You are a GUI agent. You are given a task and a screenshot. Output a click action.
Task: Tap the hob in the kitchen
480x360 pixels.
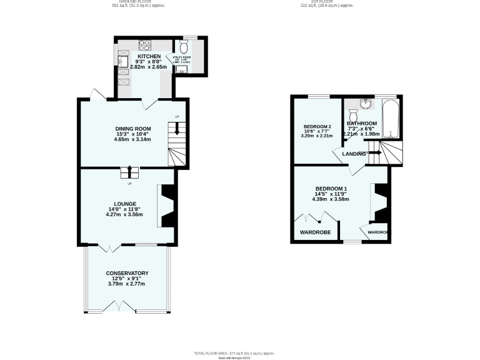point(144,44)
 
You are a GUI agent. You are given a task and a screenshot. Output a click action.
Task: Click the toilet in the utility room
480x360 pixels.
point(184,47)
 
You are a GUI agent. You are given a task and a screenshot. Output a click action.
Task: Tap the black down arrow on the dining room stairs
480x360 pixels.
point(177,129)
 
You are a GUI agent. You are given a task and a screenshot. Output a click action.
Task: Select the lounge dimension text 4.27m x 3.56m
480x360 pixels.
point(124,214)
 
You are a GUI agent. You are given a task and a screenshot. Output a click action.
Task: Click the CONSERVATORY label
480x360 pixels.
point(127,273)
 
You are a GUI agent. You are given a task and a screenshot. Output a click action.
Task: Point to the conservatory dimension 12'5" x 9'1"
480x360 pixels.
point(127,278)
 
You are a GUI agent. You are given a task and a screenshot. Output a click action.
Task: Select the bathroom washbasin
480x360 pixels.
point(366,104)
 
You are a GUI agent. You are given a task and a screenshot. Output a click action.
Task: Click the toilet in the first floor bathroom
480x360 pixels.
point(353,117)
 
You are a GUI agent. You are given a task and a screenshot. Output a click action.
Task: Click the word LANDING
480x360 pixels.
point(354,154)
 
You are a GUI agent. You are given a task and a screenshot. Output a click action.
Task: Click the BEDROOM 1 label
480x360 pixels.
point(331,189)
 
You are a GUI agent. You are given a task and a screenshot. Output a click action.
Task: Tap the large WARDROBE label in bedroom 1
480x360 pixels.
point(315,232)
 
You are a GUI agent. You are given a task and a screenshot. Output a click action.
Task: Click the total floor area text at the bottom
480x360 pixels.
point(234,353)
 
